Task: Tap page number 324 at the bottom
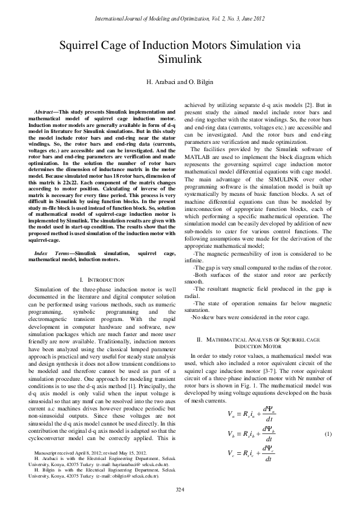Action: (x=180, y=488)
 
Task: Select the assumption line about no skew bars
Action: (x=241, y=316)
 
